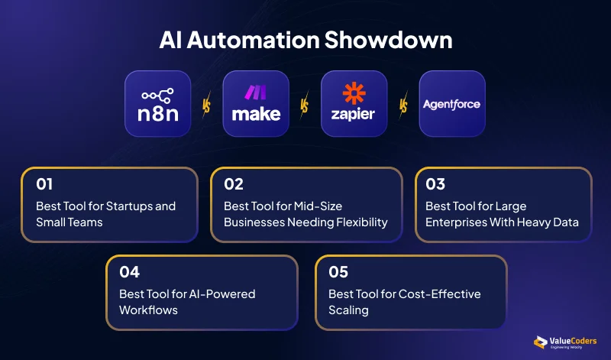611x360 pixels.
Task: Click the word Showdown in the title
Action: pos(388,41)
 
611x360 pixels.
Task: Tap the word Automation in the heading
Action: pos(254,41)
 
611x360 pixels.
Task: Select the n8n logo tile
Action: pos(158,104)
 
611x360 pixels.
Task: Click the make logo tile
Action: pos(256,104)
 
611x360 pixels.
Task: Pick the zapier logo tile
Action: pos(354,104)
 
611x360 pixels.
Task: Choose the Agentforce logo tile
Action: pos(452,104)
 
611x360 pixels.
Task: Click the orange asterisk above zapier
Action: pos(354,93)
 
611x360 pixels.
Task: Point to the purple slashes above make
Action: pos(256,92)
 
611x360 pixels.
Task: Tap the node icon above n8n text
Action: pos(158,96)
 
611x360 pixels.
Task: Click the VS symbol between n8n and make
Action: pos(206,105)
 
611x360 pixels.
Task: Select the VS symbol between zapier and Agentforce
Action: pos(403,105)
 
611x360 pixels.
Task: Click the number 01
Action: pos(44,184)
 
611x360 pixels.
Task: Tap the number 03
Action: pos(435,184)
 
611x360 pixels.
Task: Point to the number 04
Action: pos(129,272)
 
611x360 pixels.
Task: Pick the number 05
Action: pos(338,272)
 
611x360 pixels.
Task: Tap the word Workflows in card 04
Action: pos(148,310)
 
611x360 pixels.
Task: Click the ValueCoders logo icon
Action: pos(541,342)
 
